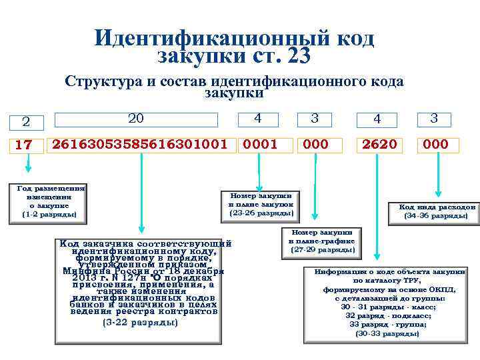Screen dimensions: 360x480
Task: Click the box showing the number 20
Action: (135, 119)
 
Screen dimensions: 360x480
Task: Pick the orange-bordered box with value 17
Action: (23, 144)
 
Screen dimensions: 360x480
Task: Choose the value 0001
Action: (260, 144)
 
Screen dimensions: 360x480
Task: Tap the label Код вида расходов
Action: (437, 211)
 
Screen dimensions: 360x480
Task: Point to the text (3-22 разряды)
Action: (141, 323)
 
